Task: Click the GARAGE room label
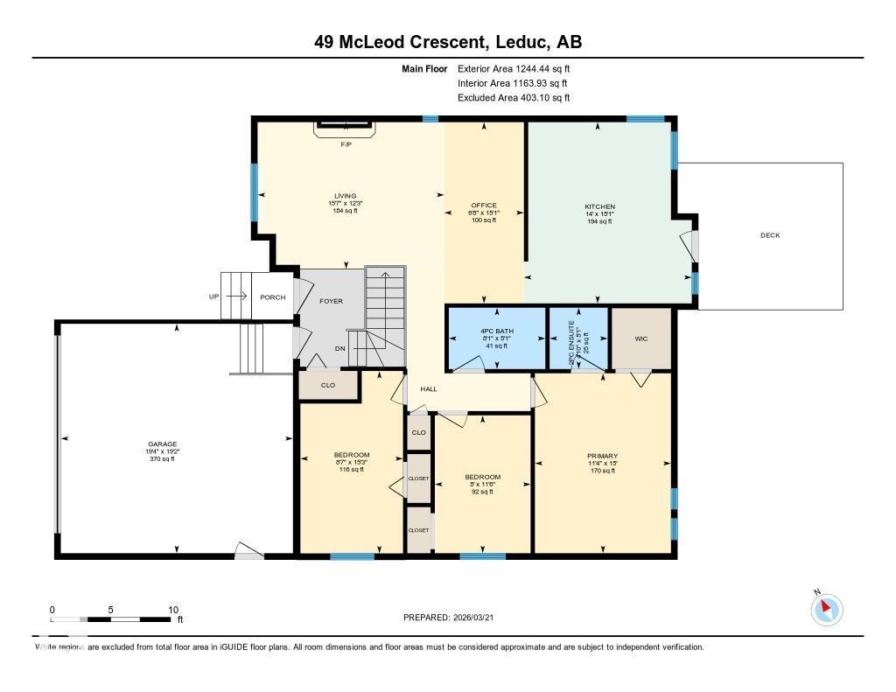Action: tap(160, 444)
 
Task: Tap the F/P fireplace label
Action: tap(346, 144)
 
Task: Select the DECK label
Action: tap(770, 235)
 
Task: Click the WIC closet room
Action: tap(640, 339)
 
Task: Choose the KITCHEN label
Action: tap(600, 207)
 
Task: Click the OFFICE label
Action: tap(484, 206)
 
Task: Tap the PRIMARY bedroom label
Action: tap(602, 456)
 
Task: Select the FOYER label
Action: tap(331, 301)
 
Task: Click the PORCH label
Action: tap(273, 297)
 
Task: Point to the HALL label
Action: tap(429, 389)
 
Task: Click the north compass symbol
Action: tap(826, 609)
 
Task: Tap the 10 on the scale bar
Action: tap(173, 610)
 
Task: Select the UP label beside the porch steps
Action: tap(213, 297)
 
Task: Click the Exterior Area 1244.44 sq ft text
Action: tap(514, 68)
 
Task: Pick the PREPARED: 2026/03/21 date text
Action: tap(454, 618)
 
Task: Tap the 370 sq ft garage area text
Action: tap(160, 459)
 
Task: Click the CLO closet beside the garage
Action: tap(328, 384)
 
